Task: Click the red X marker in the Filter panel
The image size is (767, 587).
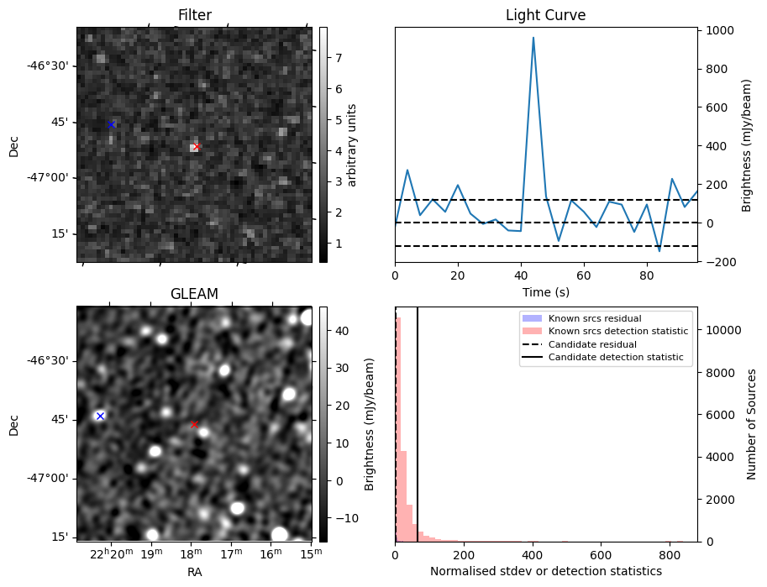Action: pyautogui.click(x=196, y=146)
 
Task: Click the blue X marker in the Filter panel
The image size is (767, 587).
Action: pyautogui.click(x=111, y=124)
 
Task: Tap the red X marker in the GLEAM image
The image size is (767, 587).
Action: pyautogui.click(x=194, y=424)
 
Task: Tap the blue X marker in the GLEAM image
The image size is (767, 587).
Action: pyautogui.click(x=100, y=416)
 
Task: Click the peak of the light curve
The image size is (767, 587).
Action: pyautogui.click(x=533, y=37)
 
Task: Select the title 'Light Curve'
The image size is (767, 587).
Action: pyautogui.click(x=545, y=15)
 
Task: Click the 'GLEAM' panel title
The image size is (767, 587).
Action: pyautogui.click(x=194, y=294)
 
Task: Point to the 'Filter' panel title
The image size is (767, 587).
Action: pyautogui.click(x=194, y=15)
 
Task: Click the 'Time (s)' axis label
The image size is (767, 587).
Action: pyautogui.click(x=545, y=291)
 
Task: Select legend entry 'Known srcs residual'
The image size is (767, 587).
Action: pyautogui.click(x=595, y=319)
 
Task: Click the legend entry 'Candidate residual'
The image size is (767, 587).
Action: pyautogui.click(x=592, y=344)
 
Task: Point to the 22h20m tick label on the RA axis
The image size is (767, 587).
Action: pyautogui.click(x=111, y=554)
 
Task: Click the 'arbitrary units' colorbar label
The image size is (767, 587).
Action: pyautogui.click(x=353, y=144)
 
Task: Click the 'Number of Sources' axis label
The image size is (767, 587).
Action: pyautogui.click(x=752, y=424)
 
